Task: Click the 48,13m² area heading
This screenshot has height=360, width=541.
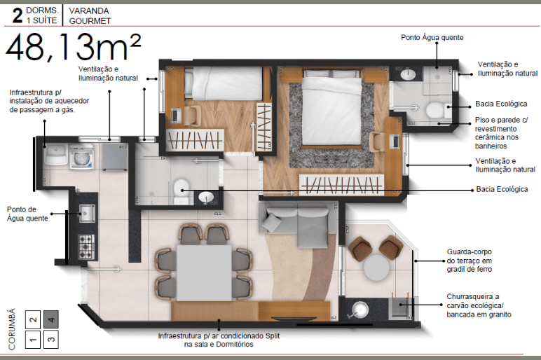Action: (x=73, y=46)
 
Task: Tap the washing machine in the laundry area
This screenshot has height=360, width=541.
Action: (x=82, y=158)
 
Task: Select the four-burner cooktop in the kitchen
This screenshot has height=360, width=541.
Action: (x=86, y=247)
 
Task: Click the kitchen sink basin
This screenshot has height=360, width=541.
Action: (x=87, y=213)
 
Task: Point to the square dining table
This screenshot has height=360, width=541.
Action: (x=204, y=272)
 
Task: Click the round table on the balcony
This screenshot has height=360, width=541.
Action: (x=377, y=268)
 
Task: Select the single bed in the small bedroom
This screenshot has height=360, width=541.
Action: (x=224, y=83)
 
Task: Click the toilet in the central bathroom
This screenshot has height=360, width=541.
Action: (x=181, y=191)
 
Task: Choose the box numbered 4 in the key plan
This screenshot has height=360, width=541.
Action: (x=50, y=319)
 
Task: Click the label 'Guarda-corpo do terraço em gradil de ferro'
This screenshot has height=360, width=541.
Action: (x=470, y=261)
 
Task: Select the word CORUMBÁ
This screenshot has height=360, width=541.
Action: (x=12, y=329)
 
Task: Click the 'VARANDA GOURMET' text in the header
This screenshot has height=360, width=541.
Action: (x=90, y=16)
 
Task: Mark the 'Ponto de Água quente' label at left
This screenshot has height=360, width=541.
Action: (x=27, y=214)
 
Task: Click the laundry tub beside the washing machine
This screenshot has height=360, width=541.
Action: (x=56, y=155)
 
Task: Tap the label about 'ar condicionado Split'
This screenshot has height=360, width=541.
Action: (x=219, y=340)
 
